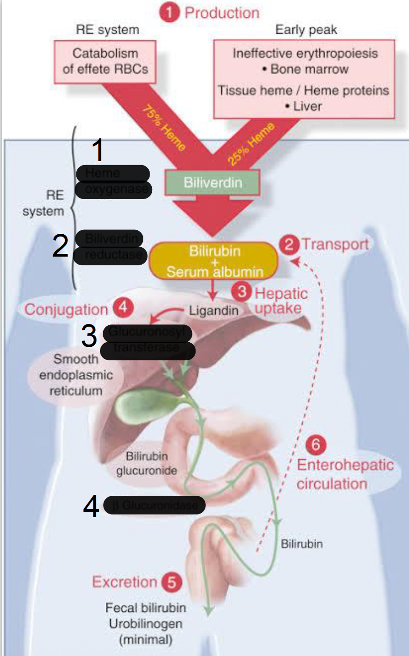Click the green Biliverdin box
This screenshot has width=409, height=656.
[213, 183]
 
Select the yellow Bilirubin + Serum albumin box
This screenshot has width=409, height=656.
[214, 261]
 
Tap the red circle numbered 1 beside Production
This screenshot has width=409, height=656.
[169, 12]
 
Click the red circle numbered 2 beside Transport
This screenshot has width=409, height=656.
[289, 245]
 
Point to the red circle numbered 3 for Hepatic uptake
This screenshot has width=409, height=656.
[242, 292]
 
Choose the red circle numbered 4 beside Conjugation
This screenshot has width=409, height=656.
[123, 307]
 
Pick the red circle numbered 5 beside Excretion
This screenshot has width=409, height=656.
[171, 582]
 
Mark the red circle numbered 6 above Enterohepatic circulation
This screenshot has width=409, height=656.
[316, 444]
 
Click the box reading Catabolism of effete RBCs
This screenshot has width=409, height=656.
[105, 62]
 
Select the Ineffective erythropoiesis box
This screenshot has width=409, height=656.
[304, 79]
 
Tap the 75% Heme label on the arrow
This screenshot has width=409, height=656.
[163, 128]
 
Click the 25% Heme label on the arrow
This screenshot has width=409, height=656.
[250, 144]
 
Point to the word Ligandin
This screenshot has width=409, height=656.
[213, 310]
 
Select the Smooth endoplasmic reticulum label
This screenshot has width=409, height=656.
[76, 375]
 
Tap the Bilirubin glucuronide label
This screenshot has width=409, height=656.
[146, 463]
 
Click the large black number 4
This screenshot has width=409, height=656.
[91, 507]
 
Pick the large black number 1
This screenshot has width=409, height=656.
[98, 150]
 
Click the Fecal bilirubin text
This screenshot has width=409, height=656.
[146, 608]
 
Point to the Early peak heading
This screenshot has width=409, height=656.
[306, 30]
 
